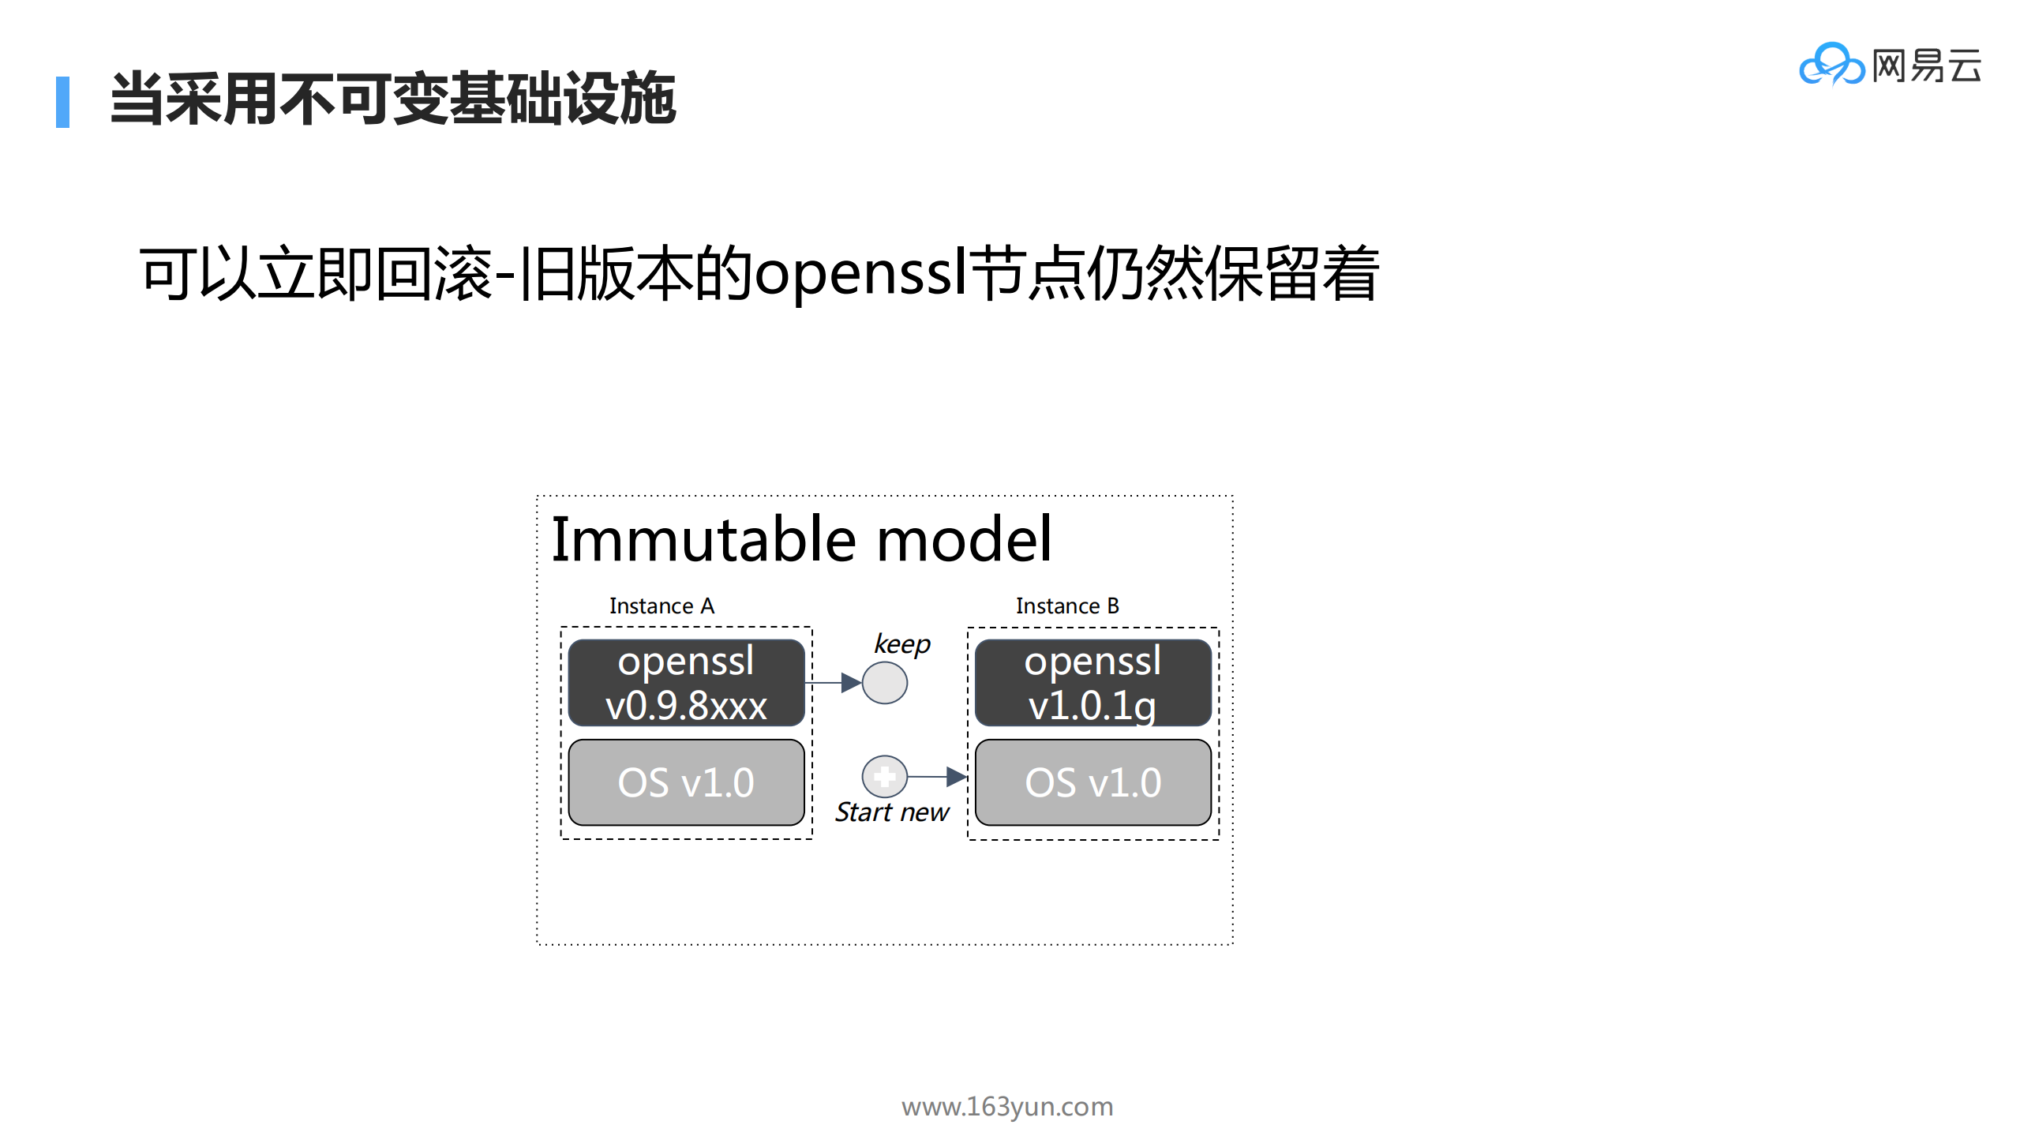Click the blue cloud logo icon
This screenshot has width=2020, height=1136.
(x=1831, y=65)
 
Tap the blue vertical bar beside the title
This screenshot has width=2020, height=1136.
(x=62, y=102)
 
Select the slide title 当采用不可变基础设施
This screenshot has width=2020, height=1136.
(x=392, y=99)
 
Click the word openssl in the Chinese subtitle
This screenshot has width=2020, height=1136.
(x=860, y=273)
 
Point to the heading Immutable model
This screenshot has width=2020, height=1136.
(x=800, y=539)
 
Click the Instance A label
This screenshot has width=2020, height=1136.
(x=661, y=605)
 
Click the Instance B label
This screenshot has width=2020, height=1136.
(x=1067, y=605)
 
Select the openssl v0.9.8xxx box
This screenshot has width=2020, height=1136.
(x=686, y=683)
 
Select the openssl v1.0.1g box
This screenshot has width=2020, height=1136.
(x=1092, y=683)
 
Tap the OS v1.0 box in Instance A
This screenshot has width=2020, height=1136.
(x=686, y=782)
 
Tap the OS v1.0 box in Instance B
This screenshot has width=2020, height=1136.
(x=1092, y=782)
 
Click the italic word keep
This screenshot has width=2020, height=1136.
(x=901, y=644)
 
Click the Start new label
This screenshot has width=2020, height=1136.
(x=892, y=812)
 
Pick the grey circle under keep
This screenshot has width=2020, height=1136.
(x=884, y=683)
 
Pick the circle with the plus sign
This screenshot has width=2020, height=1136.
(x=884, y=777)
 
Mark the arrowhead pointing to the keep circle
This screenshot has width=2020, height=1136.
(x=851, y=683)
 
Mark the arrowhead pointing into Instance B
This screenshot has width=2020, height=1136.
(x=956, y=777)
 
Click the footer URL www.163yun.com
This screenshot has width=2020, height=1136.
(x=1007, y=1106)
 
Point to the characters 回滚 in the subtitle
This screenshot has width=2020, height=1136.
(x=434, y=273)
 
